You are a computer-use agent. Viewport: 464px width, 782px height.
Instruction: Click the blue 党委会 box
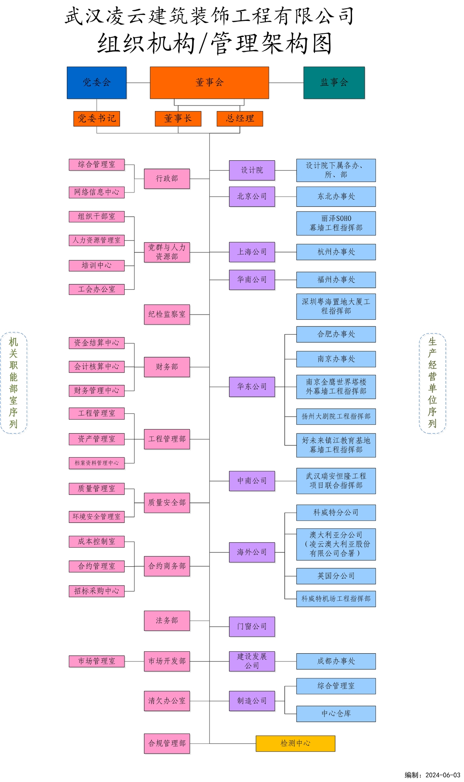(96, 82)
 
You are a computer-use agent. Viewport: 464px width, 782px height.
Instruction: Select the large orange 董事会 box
(209, 82)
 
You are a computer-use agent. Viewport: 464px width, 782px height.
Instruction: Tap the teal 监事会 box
(334, 82)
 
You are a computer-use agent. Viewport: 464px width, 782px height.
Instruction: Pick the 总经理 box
(239, 119)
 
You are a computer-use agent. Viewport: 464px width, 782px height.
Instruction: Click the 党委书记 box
(96, 119)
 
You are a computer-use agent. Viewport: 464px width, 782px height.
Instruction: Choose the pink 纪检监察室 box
(167, 314)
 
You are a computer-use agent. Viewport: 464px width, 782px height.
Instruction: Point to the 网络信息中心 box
(96, 192)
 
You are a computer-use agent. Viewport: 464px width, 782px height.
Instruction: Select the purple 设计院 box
(252, 170)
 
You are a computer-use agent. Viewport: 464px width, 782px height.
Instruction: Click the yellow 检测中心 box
(295, 743)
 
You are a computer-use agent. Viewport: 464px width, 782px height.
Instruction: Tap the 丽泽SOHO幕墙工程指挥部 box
(336, 223)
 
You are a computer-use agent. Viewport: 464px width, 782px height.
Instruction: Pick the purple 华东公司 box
(252, 387)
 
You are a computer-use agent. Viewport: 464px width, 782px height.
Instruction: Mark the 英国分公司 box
(336, 576)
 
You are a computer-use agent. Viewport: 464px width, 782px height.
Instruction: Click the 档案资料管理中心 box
(96, 463)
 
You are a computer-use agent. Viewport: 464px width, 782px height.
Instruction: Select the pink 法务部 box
(167, 621)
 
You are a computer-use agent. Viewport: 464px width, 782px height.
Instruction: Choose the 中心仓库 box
(336, 713)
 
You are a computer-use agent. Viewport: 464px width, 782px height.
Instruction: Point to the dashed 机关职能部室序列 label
(14, 383)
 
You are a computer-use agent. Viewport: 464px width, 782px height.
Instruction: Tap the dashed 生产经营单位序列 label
(433, 383)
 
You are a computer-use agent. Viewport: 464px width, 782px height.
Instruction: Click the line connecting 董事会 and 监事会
(286, 83)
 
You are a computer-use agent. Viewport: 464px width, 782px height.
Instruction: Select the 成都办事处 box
(336, 661)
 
